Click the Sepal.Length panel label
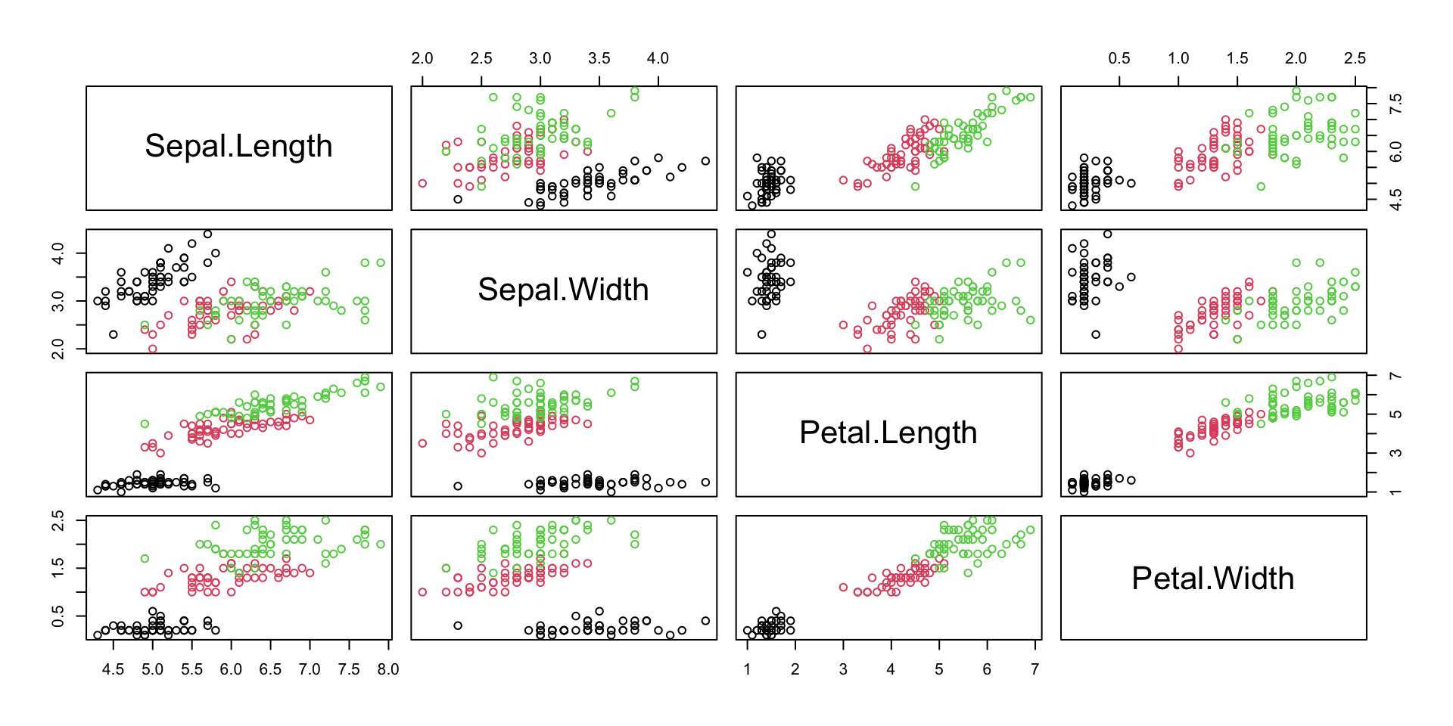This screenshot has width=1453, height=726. (238, 146)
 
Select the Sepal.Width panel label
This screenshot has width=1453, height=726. (563, 290)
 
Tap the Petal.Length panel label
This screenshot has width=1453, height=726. (888, 433)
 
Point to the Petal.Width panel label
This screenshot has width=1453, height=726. (1212, 579)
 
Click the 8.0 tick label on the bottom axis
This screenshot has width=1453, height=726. (388, 669)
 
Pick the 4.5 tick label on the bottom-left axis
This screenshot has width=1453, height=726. (114, 669)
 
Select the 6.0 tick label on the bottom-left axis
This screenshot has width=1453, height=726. (231, 669)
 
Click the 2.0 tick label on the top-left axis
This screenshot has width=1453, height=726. (422, 58)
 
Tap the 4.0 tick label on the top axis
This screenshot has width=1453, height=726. (658, 58)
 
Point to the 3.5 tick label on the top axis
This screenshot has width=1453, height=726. (599, 58)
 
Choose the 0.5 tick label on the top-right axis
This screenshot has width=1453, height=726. (1119, 58)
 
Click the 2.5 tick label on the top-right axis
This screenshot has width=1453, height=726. (1355, 58)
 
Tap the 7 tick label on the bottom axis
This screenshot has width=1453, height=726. (1035, 669)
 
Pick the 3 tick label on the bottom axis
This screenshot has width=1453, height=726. (843, 669)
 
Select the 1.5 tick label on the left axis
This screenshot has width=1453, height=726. (58, 568)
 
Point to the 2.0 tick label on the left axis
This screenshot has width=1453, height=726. (58, 349)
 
